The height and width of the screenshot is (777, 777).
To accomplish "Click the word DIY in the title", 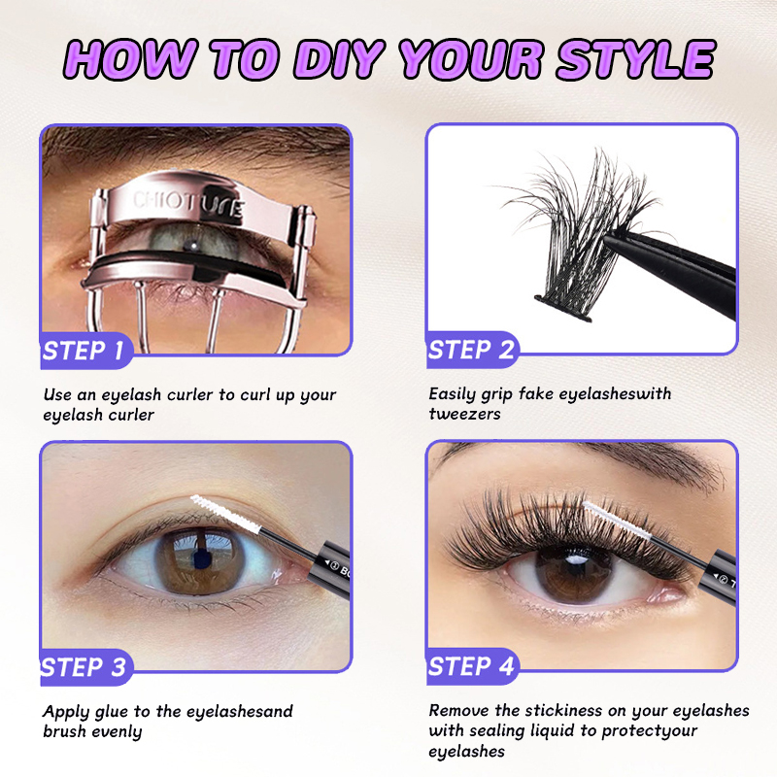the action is point(340,58).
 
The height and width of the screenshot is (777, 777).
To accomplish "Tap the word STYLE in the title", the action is point(636,58).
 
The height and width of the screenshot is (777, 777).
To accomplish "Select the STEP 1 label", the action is point(84,351).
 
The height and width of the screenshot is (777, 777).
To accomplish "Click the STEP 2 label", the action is point(471,350).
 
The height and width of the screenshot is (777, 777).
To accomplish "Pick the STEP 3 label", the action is point(84,667).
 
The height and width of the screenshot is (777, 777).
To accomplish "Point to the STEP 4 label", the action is point(471,666).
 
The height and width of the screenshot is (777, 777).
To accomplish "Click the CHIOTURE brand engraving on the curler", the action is point(188,204).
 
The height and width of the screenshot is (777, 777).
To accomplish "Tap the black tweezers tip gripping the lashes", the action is point(615,239).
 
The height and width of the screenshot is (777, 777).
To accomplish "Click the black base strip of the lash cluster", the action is point(563,308).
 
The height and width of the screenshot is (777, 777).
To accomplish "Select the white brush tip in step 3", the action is point(225,514).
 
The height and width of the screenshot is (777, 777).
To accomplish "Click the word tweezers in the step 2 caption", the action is point(465,414).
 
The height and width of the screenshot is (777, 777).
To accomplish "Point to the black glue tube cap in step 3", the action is point(329,564).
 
